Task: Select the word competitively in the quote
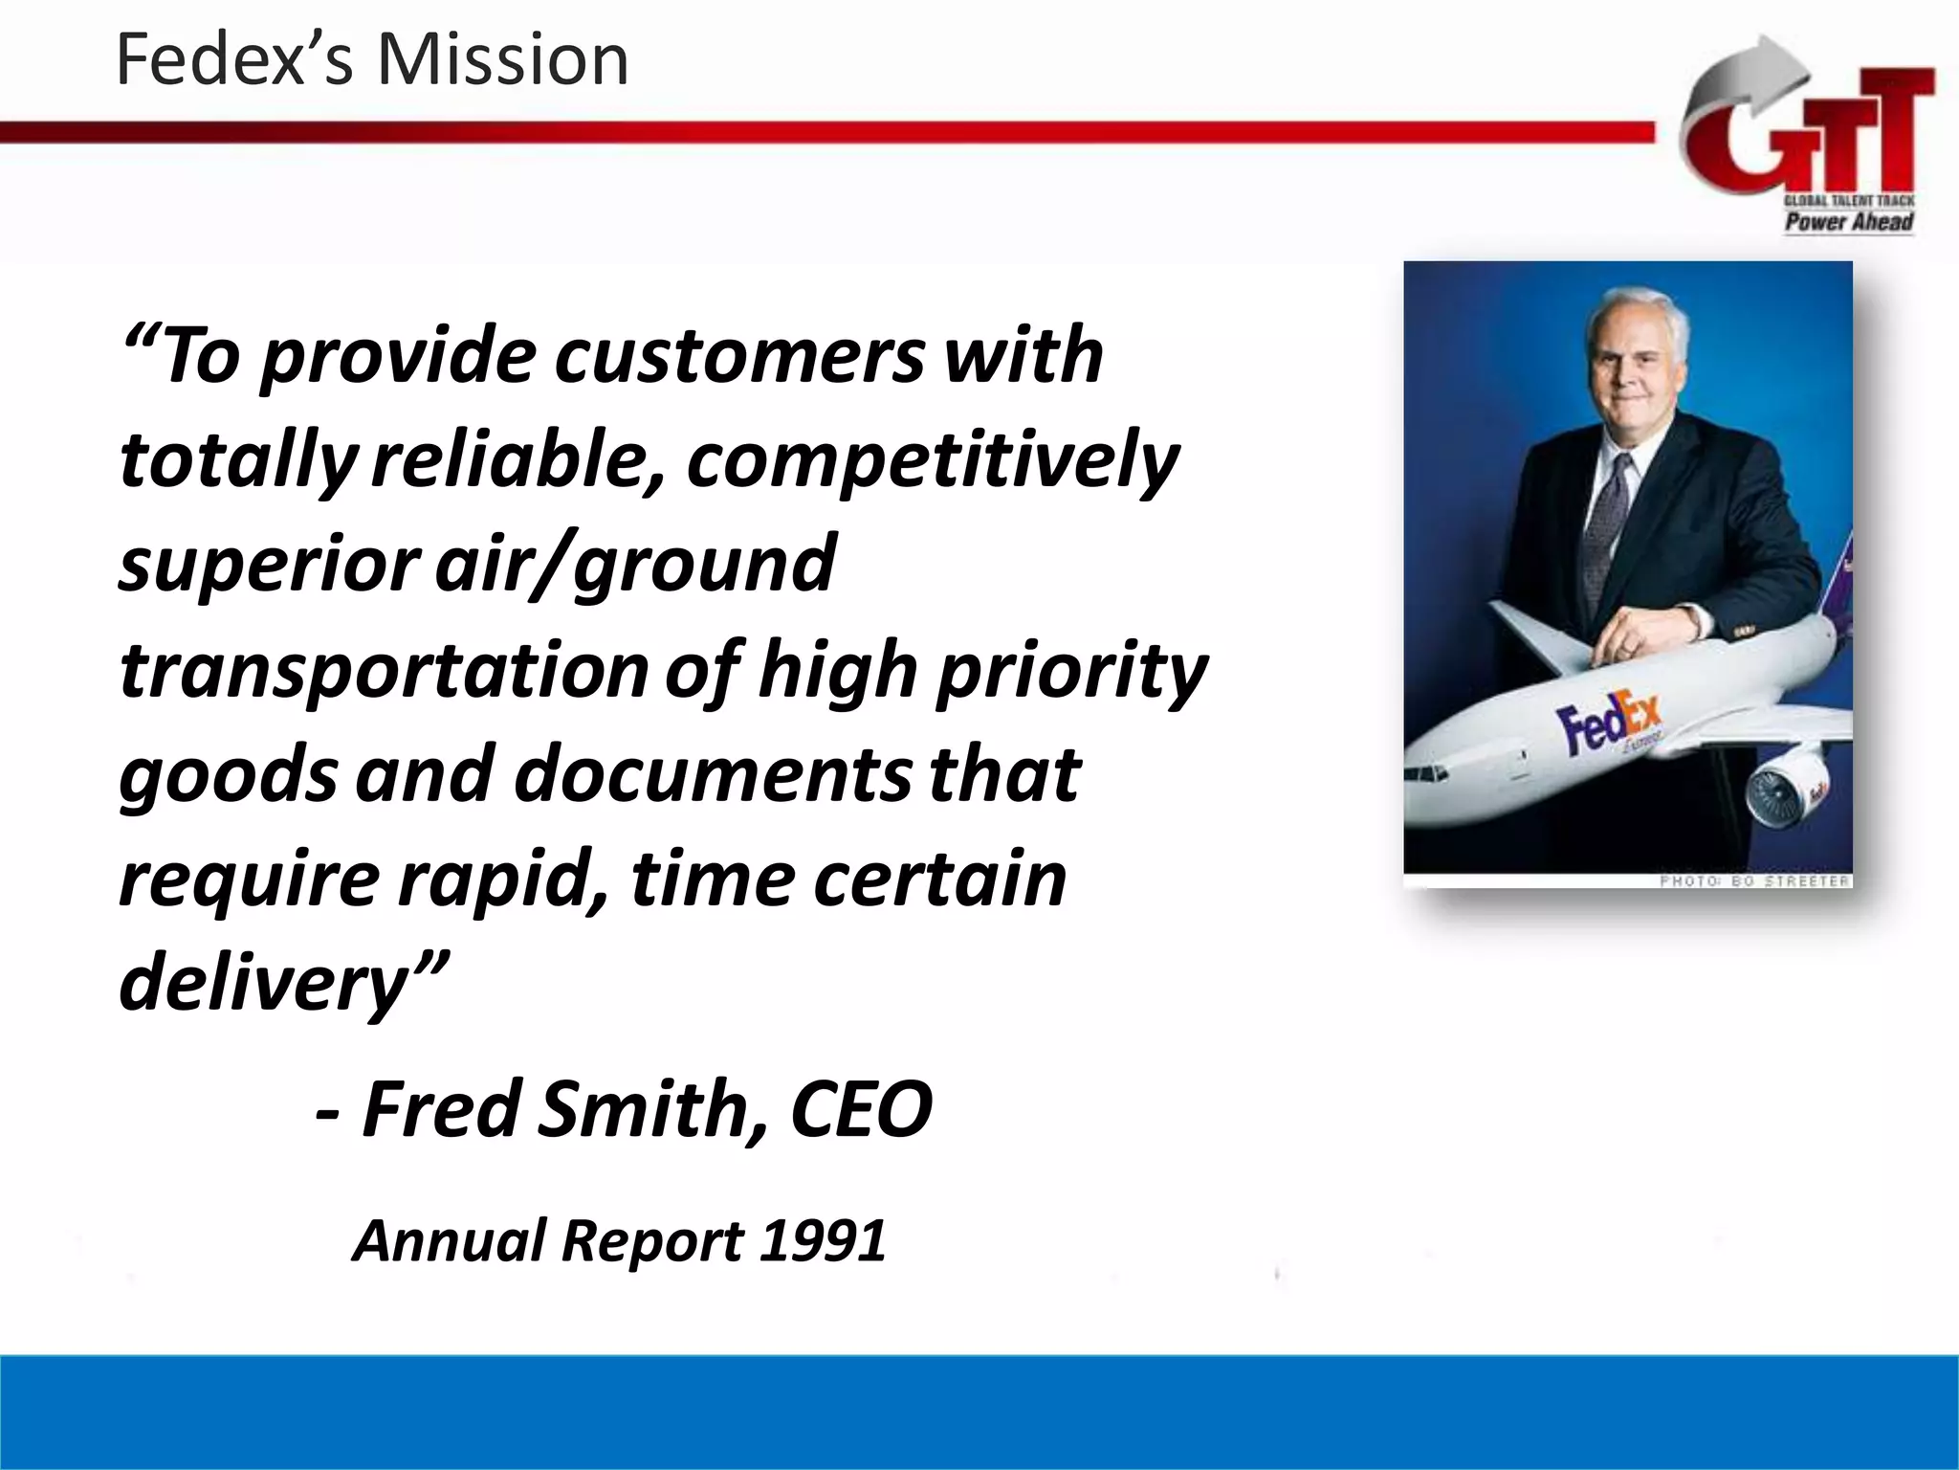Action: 933,460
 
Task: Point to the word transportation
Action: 384,670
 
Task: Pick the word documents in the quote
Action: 713,774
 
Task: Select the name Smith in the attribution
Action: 651,1109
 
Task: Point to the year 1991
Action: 824,1241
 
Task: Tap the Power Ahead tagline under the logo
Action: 1848,222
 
